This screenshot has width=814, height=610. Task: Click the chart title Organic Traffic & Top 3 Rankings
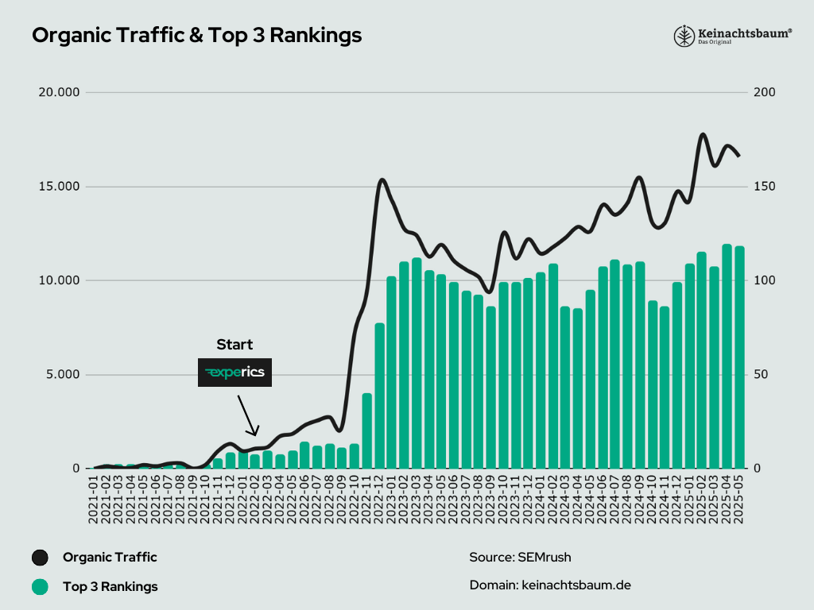[196, 36]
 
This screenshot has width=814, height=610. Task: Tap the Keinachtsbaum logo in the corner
[732, 36]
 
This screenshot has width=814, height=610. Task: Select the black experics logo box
[235, 373]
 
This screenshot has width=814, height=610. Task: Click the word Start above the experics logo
[235, 345]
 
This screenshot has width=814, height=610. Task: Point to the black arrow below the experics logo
[247, 415]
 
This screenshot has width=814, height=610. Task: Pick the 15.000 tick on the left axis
[60, 187]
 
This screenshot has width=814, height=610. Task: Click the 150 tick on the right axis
[766, 187]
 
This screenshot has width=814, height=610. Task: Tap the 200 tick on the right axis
[766, 92]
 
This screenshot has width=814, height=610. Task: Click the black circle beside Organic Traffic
[40, 558]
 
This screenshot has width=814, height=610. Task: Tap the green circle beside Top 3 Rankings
[40, 588]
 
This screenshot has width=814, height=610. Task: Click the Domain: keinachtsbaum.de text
[550, 585]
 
